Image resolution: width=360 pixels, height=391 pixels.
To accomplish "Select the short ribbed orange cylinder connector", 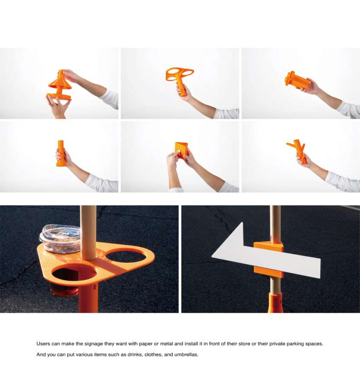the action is pos(297,81).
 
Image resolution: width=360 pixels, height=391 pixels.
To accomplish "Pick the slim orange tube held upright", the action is pos(61,153).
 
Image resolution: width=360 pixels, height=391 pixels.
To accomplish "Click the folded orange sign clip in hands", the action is pos(181,150).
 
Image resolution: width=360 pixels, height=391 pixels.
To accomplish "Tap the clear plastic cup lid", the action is pos(60,235).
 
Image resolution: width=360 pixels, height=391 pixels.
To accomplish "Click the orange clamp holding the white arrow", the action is pos(269,260).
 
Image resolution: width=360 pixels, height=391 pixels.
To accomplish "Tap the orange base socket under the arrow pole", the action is pos(276,303).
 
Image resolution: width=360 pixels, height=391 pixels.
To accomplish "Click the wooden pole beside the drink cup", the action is pos(88,233).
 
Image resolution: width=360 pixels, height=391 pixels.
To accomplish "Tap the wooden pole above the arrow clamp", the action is pos(276,223).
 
